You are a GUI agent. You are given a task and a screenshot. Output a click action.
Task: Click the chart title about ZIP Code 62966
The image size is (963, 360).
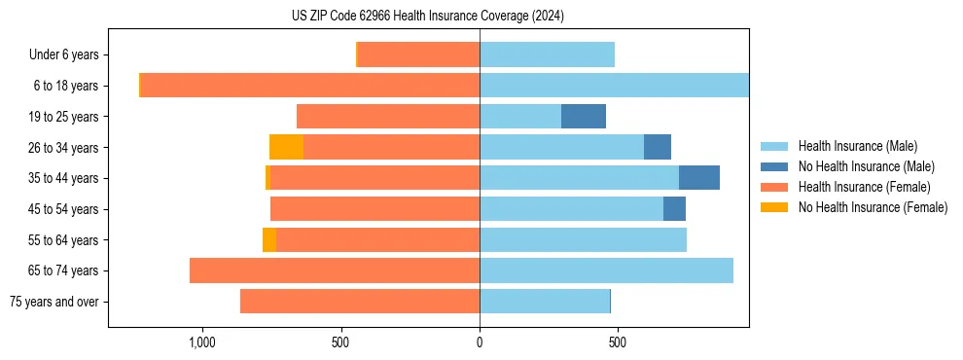(428, 17)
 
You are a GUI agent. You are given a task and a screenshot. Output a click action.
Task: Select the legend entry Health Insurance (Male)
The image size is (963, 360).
(857, 145)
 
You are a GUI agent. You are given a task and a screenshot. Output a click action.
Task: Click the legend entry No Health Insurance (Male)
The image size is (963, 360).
(866, 165)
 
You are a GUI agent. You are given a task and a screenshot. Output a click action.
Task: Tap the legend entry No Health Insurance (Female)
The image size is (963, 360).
(873, 206)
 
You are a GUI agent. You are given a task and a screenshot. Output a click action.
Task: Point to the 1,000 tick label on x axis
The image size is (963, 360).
(201, 342)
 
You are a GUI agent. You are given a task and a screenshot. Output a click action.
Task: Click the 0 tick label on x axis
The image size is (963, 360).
(479, 342)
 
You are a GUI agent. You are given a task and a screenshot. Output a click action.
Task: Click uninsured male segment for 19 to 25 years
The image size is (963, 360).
(584, 117)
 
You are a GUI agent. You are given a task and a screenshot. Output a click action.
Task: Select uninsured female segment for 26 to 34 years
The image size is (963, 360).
(286, 147)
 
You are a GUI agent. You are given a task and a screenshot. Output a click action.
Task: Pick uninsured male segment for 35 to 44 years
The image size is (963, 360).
(699, 178)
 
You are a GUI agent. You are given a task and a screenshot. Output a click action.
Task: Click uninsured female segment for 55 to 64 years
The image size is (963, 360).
(269, 239)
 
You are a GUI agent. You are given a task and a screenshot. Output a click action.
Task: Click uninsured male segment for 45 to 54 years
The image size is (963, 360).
(674, 208)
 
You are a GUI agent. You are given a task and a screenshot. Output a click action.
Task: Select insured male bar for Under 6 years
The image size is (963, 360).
(547, 55)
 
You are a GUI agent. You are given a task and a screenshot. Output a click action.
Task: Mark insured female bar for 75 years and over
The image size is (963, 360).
(360, 302)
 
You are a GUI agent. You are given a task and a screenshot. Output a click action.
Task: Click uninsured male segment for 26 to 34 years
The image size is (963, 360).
(658, 147)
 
